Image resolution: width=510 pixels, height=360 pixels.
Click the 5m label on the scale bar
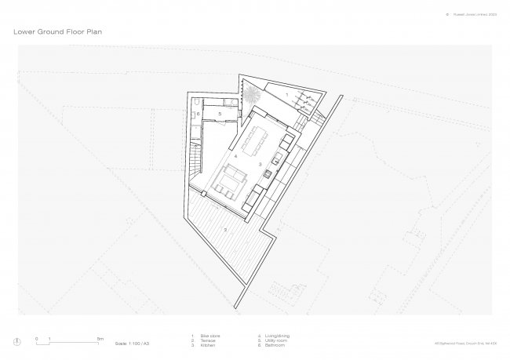click(x=100, y=337)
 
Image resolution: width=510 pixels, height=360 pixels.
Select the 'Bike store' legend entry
click(x=209, y=336)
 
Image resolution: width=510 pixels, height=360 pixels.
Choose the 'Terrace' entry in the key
click(x=208, y=340)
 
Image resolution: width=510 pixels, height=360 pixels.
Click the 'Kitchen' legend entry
click(x=208, y=345)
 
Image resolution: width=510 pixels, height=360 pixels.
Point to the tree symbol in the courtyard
click(x=251, y=96)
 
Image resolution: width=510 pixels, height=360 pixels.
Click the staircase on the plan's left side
click(x=194, y=164)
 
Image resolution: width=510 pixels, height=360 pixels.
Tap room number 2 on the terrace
click(x=226, y=229)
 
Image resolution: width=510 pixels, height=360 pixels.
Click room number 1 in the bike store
click(x=287, y=94)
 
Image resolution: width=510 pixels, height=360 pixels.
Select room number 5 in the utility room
click(x=220, y=115)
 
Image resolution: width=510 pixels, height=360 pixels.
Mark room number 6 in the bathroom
click(x=199, y=115)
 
